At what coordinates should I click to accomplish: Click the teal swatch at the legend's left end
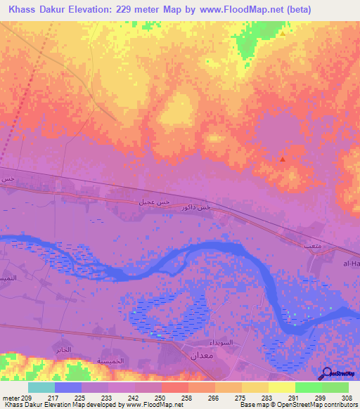pos(41,387)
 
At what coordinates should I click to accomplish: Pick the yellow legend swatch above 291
pos(282,387)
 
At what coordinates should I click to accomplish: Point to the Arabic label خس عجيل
pos(153,202)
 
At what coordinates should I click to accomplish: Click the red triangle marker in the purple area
pos(283,159)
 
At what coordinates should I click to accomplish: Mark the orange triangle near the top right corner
pos(283,33)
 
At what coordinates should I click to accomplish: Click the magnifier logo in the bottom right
pos(328,373)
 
